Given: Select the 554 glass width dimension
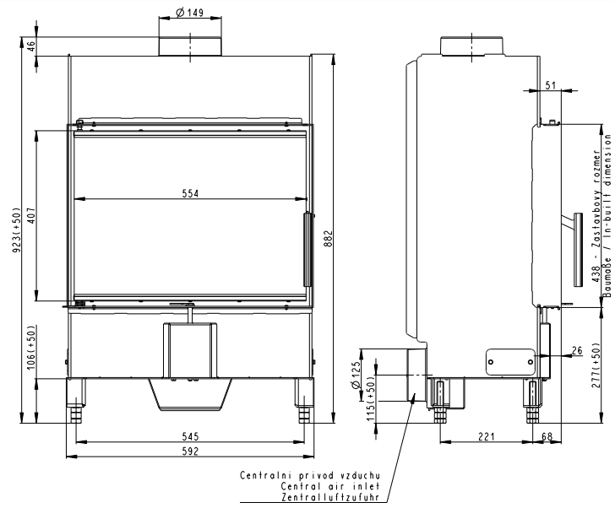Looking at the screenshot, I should (x=191, y=193).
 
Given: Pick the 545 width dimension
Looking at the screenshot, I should (x=190, y=436).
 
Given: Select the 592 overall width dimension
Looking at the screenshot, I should (x=191, y=451).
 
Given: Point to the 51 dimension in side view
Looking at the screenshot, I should (x=551, y=84).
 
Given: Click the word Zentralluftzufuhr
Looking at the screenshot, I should (x=336, y=496).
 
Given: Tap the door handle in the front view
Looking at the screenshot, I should (x=307, y=250).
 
